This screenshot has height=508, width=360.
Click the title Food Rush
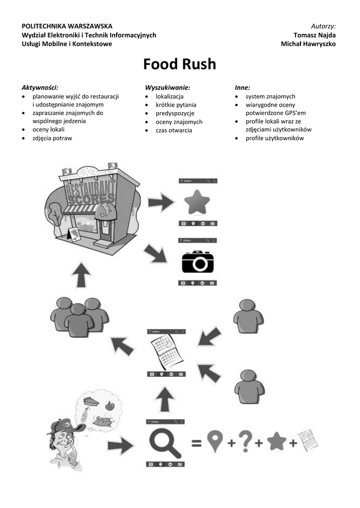click(x=180, y=64)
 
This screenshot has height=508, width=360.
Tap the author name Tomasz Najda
click(x=314, y=35)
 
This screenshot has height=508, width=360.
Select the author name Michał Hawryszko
click(x=308, y=44)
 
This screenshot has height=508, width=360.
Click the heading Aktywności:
click(x=40, y=87)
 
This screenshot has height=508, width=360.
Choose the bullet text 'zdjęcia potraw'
click(x=52, y=138)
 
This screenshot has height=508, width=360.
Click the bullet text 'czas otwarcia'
click(x=173, y=130)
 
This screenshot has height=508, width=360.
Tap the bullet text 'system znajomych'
click(x=270, y=96)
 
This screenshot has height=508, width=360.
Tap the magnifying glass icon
click(x=164, y=443)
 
